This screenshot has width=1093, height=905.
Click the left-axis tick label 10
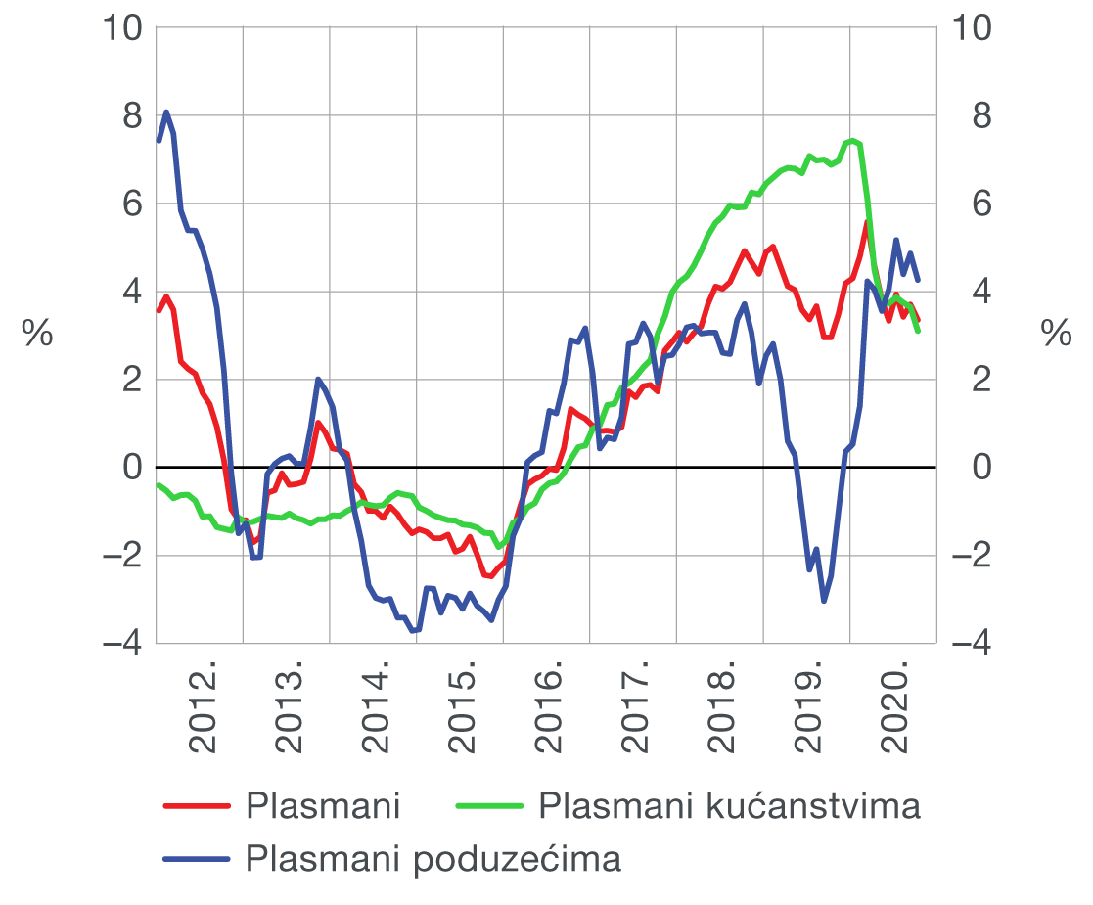(x=121, y=29)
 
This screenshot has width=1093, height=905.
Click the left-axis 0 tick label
(x=132, y=468)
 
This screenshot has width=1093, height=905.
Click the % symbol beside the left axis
(x=37, y=334)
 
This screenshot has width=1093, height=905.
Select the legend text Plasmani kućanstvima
(x=730, y=807)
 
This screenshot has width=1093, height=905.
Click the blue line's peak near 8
(x=166, y=112)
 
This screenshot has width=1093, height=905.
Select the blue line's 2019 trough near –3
(x=824, y=600)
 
